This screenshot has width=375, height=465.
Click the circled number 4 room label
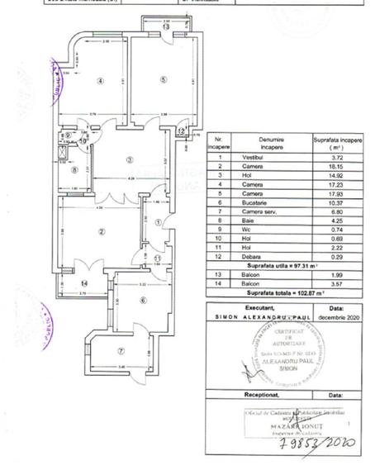click(x=99, y=80)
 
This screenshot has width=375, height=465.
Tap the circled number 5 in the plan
click(x=164, y=79)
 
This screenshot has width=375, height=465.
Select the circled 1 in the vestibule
click(x=158, y=221)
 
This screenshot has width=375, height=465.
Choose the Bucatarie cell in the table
click(x=247, y=203)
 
